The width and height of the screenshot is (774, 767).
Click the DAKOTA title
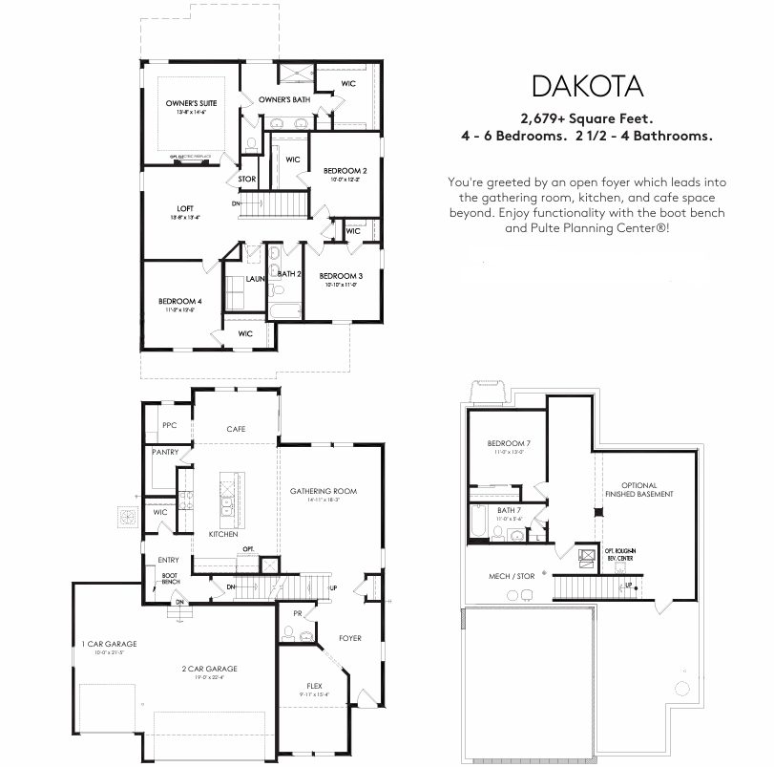[587, 86]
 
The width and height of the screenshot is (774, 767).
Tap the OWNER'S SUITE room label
[191, 102]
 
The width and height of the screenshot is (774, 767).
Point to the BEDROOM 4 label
[179, 301]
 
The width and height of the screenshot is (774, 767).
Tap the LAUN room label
[254, 279]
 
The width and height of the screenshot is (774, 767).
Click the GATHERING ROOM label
[324, 491]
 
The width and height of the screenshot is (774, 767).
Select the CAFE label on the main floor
[236, 429]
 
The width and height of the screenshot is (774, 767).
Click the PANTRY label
[165, 453]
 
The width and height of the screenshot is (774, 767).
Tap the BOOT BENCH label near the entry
[171, 578]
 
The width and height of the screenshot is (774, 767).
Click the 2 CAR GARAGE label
[210, 669]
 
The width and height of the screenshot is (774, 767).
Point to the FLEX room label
[315, 685]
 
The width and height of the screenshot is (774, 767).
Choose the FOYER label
[350, 638]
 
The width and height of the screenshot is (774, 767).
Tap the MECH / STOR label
[512, 576]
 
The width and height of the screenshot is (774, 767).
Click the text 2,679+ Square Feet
[586, 119]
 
